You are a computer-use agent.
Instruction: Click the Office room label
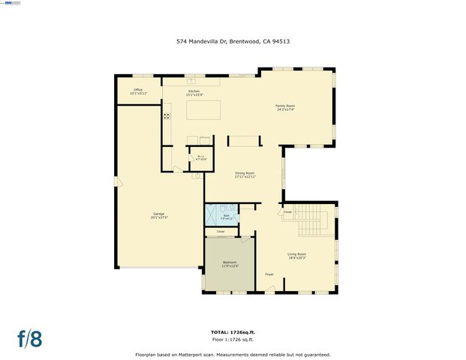138,91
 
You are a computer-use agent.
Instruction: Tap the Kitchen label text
194,91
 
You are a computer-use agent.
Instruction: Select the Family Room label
284,108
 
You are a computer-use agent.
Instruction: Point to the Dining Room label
245,175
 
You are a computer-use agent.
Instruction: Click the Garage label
158,216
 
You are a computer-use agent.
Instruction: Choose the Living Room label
296,256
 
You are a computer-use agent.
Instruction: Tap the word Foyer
269,274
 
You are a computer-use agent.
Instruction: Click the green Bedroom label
230,264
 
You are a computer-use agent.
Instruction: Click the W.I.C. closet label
200,158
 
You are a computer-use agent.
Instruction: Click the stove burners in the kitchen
167,116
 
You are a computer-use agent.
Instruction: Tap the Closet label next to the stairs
287,212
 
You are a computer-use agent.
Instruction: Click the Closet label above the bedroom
220,232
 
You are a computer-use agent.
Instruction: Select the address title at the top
233,42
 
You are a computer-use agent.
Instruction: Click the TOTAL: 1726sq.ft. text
233,331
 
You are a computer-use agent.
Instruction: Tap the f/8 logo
30,338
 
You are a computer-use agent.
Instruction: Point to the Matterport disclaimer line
233,354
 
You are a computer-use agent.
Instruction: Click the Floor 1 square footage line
233,340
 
